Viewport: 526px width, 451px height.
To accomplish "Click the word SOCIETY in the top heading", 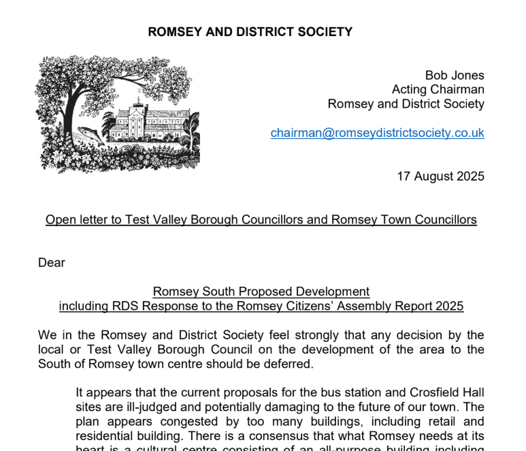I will coord(323,31).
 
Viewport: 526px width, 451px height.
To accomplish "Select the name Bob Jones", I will coord(455,75).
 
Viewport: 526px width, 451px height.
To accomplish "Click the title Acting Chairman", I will coord(438,89).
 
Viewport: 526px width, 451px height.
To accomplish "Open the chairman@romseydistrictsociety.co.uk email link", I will coord(378,133).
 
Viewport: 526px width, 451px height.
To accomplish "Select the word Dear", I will coord(52,262).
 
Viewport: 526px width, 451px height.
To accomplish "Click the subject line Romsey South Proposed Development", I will coord(261,292).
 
